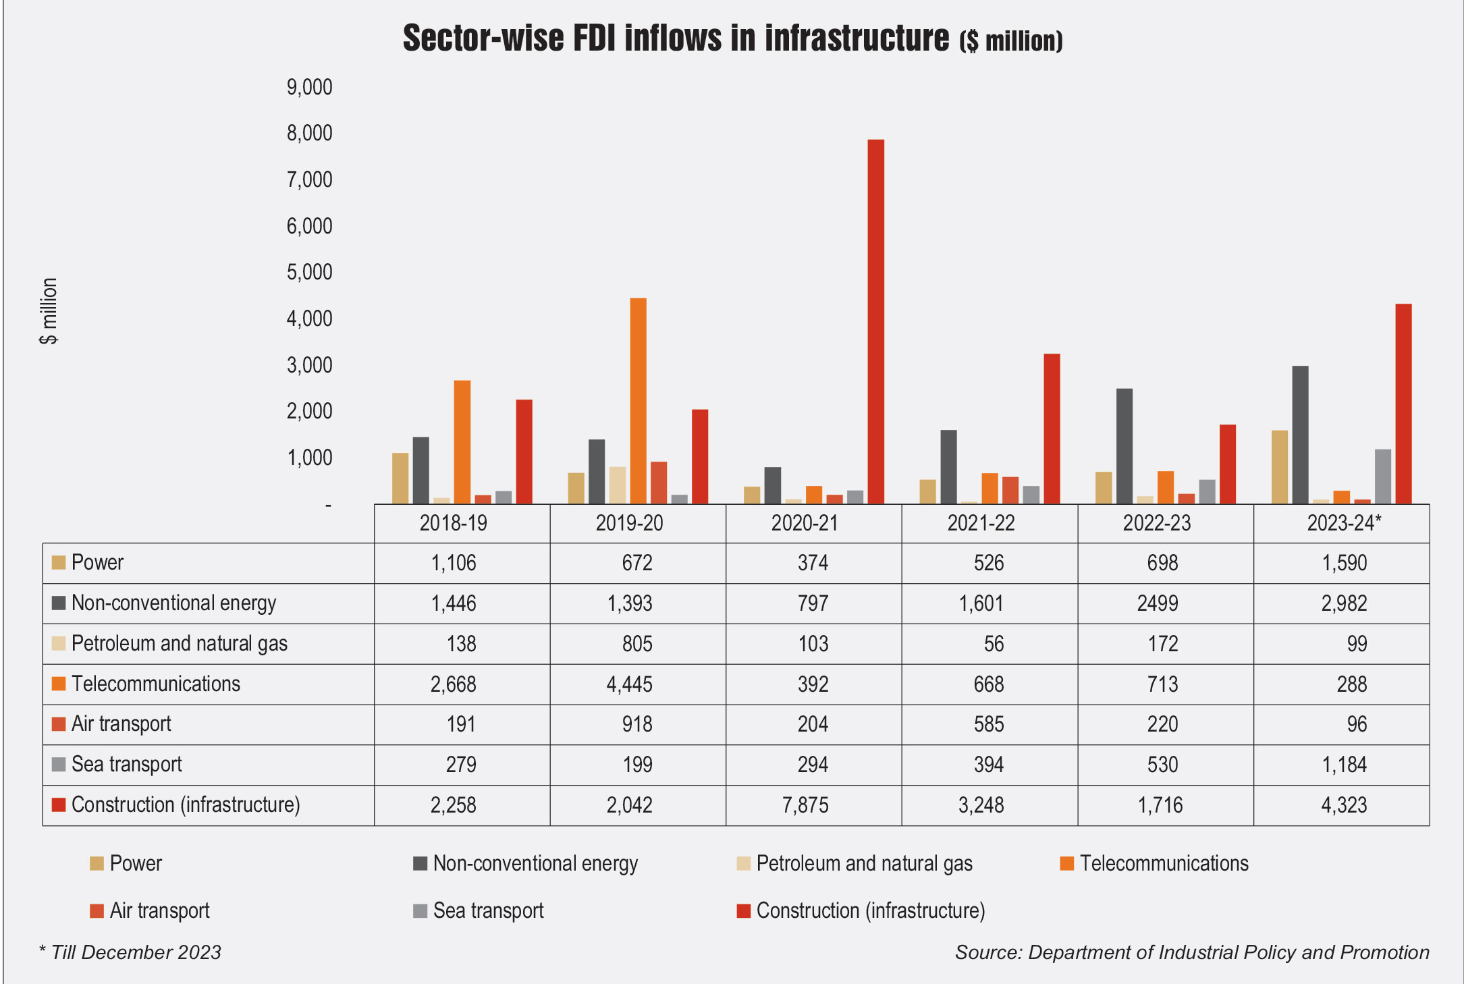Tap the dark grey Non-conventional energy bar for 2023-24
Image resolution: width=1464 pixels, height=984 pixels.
tap(1300, 435)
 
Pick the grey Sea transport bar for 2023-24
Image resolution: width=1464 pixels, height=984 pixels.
tap(1382, 476)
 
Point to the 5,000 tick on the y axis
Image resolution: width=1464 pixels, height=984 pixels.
tap(310, 272)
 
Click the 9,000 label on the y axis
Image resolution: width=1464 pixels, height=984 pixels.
tap(310, 87)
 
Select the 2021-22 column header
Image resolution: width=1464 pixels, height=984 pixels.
tap(981, 523)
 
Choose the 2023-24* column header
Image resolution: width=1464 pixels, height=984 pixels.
tap(1344, 523)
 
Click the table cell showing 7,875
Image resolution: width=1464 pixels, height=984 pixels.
tap(805, 805)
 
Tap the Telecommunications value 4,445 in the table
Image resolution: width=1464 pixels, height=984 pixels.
tap(629, 684)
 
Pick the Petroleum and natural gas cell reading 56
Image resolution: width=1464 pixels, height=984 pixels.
tap(994, 644)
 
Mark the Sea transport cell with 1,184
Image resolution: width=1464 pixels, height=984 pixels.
tap(1344, 765)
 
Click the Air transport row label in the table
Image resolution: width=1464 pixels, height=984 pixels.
tap(121, 724)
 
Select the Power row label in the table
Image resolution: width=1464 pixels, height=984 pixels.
tap(97, 563)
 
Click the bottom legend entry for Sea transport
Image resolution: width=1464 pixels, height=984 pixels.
tap(487, 911)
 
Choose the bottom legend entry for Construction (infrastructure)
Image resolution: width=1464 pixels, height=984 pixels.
tap(870, 911)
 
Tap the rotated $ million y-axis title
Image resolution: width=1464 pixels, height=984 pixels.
tap(49, 311)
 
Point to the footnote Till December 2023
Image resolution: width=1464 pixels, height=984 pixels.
tap(135, 952)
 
